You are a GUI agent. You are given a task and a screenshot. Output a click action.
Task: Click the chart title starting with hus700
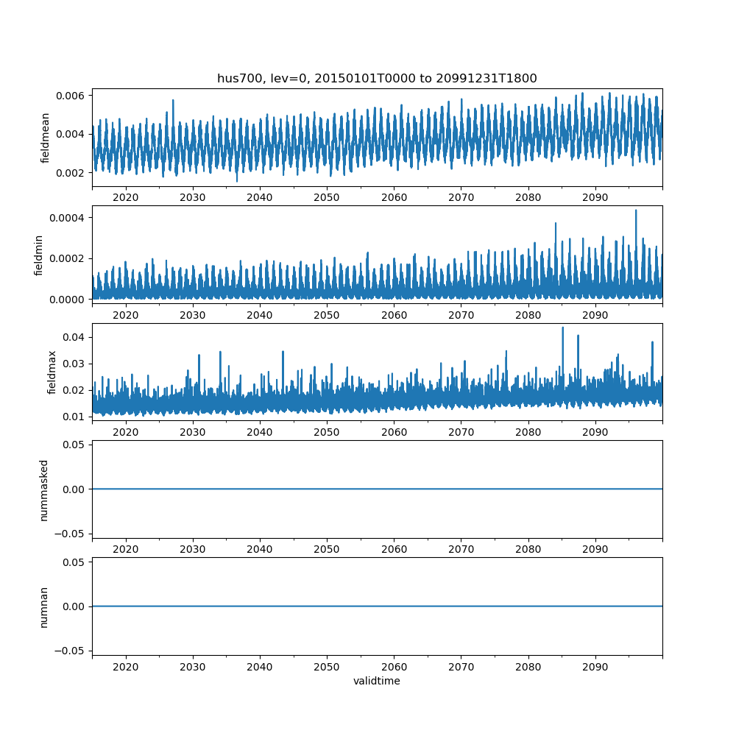coord(377,78)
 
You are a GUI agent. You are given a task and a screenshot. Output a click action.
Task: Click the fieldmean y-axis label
coord(46,138)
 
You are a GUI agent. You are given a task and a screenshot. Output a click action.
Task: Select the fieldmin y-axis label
coord(39,255)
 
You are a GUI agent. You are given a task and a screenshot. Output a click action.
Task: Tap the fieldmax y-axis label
coord(52,372)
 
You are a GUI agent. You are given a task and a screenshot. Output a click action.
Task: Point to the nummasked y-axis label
coord(44,489)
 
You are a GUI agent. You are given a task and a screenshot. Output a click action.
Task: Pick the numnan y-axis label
coord(44,606)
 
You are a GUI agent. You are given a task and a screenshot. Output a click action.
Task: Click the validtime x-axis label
coord(377,681)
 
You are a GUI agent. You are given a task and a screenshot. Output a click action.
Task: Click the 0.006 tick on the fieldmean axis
coord(71,96)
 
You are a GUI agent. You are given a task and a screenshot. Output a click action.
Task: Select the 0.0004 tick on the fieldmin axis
coord(68,218)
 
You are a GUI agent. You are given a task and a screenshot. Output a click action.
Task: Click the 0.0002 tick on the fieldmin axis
coord(68,258)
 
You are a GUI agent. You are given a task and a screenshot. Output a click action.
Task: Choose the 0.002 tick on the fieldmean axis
coord(71,172)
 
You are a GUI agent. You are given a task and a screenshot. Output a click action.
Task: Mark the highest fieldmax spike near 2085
coord(563,328)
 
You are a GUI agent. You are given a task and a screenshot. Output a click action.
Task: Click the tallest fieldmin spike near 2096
coord(636,211)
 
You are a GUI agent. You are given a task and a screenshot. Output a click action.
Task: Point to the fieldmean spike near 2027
coord(173,101)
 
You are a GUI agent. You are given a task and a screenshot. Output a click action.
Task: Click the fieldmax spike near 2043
coord(283,352)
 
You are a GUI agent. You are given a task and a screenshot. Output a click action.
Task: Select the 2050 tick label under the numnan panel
coord(327,666)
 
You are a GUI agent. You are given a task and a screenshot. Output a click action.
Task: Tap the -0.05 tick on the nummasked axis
coord(71,533)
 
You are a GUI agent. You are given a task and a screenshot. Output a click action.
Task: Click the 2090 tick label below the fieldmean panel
coord(595,197)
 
